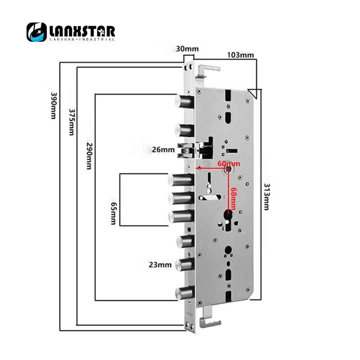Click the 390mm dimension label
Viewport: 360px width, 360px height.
click(x=53, y=106)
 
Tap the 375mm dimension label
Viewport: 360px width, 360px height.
click(x=72, y=122)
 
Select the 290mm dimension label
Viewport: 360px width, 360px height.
click(x=89, y=156)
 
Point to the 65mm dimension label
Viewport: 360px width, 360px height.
click(x=114, y=213)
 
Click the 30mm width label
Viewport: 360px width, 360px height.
click(x=187, y=49)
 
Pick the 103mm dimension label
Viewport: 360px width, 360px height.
click(x=240, y=55)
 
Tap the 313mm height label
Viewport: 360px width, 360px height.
click(x=266, y=197)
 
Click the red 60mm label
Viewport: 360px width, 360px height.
click(x=229, y=164)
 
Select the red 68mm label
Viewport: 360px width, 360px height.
click(x=234, y=198)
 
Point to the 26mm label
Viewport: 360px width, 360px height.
click(x=163, y=150)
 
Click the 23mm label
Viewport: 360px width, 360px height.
click(x=160, y=265)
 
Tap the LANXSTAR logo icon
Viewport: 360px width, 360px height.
click(x=37, y=32)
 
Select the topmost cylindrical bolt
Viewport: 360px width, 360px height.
click(x=184, y=101)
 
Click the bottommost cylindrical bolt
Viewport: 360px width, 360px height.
click(x=185, y=293)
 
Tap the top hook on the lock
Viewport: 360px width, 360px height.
click(x=207, y=72)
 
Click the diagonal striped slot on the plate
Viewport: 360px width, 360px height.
click(x=210, y=198)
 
